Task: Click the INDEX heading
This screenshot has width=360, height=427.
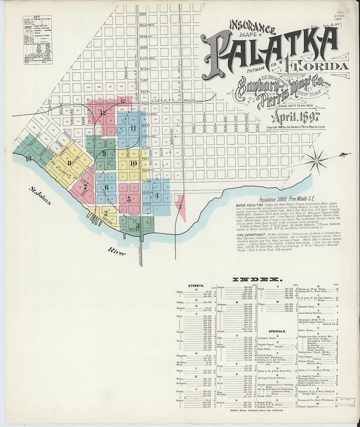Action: click(x=257, y=279)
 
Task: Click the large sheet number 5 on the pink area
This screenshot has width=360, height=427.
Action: click(x=129, y=199)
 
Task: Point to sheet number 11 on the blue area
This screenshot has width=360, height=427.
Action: click(x=133, y=128)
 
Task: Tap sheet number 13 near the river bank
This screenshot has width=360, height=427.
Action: click(x=29, y=159)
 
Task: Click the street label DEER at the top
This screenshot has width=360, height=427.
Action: click(x=143, y=14)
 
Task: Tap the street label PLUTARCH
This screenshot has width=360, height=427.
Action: click(x=147, y=58)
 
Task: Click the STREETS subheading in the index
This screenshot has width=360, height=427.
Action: click(x=196, y=286)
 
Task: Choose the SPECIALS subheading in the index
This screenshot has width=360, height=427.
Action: click(x=277, y=331)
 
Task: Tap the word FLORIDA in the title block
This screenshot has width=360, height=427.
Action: click(x=316, y=66)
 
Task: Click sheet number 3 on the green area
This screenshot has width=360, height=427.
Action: click(x=138, y=225)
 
